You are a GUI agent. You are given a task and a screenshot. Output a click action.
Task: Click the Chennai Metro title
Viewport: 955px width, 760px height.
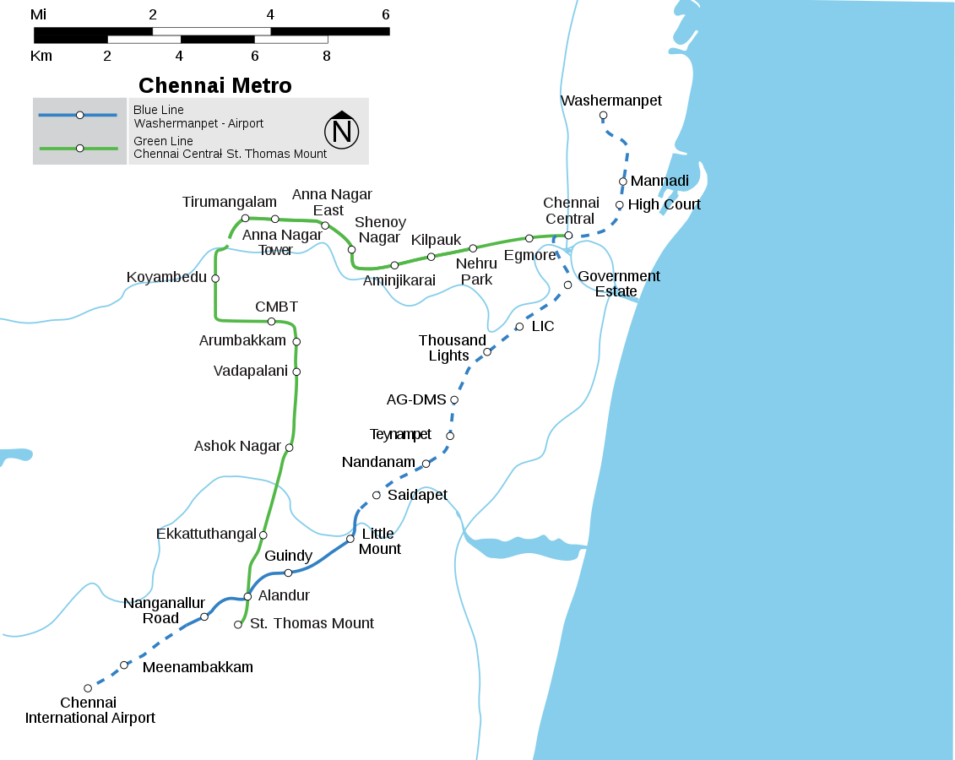(214, 85)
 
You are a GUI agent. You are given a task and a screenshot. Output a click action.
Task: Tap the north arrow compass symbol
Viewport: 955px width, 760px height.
(342, 130)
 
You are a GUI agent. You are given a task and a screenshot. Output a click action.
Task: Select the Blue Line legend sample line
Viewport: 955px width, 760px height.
(79, 115)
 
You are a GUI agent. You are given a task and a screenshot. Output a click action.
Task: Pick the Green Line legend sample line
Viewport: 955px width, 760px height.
(79, 148)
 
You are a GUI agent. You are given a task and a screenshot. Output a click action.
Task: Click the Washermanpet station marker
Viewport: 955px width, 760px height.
(603, 115)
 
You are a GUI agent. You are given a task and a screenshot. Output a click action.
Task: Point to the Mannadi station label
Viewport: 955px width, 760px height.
(659, 181)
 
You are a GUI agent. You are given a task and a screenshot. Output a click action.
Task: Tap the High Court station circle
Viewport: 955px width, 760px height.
(619, 205)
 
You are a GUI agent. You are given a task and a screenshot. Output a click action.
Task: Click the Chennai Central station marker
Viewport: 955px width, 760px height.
(568, 236)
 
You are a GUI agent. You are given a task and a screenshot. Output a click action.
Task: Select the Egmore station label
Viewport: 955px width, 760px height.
(529, 255)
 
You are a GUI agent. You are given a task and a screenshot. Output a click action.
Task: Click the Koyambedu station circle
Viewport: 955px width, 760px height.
(215, 279)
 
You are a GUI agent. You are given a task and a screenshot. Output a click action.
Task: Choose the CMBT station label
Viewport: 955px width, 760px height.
(276, 307)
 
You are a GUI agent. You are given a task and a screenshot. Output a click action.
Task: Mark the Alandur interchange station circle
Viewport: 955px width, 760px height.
(247, 596)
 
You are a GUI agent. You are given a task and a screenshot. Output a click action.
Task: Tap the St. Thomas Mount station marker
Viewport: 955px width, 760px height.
(238, 625)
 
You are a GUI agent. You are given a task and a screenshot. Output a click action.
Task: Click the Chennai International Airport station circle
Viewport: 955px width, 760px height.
(88, 688)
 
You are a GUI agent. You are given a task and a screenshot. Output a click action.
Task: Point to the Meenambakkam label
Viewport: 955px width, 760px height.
(198, 667)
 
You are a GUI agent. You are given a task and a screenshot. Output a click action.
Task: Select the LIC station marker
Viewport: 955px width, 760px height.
(519, 327)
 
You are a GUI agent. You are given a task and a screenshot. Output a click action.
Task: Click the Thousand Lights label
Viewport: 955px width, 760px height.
(452, 348)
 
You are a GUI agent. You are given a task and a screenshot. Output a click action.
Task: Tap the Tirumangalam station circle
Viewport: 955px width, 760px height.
(245, 218)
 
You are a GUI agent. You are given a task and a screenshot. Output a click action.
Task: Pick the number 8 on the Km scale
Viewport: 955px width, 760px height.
(326, 57)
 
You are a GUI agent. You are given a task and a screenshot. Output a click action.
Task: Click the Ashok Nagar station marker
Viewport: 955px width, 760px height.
(289, 448)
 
